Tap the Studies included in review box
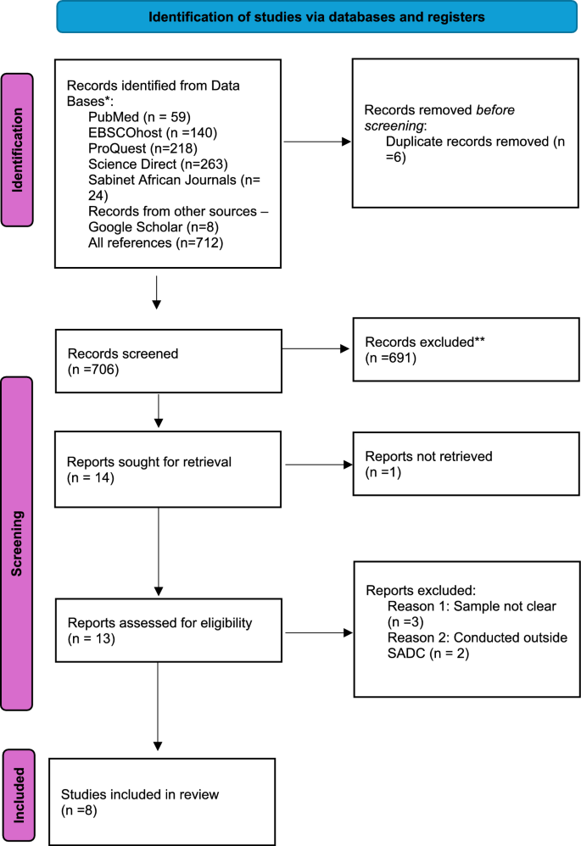click(x=162, y=801)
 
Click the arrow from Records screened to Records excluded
click(x=316, y=348)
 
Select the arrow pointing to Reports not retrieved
click(x=318, y=464)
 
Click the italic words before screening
click(x=484, y=109)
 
